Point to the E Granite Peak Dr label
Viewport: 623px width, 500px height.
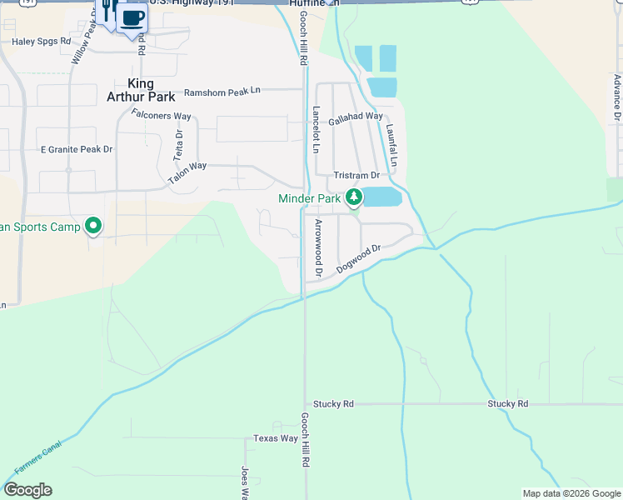77,149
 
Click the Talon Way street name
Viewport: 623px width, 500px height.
187,172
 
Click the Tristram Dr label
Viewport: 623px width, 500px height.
356,176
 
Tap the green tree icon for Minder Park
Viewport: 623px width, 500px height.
355,197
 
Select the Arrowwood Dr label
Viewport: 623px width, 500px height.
318,247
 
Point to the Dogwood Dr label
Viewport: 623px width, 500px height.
359,259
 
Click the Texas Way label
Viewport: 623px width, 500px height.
276,438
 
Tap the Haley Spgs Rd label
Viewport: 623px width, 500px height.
42,40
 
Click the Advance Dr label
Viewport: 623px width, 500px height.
617,97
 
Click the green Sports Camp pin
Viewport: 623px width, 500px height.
94,226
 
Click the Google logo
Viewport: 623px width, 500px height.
27,490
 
